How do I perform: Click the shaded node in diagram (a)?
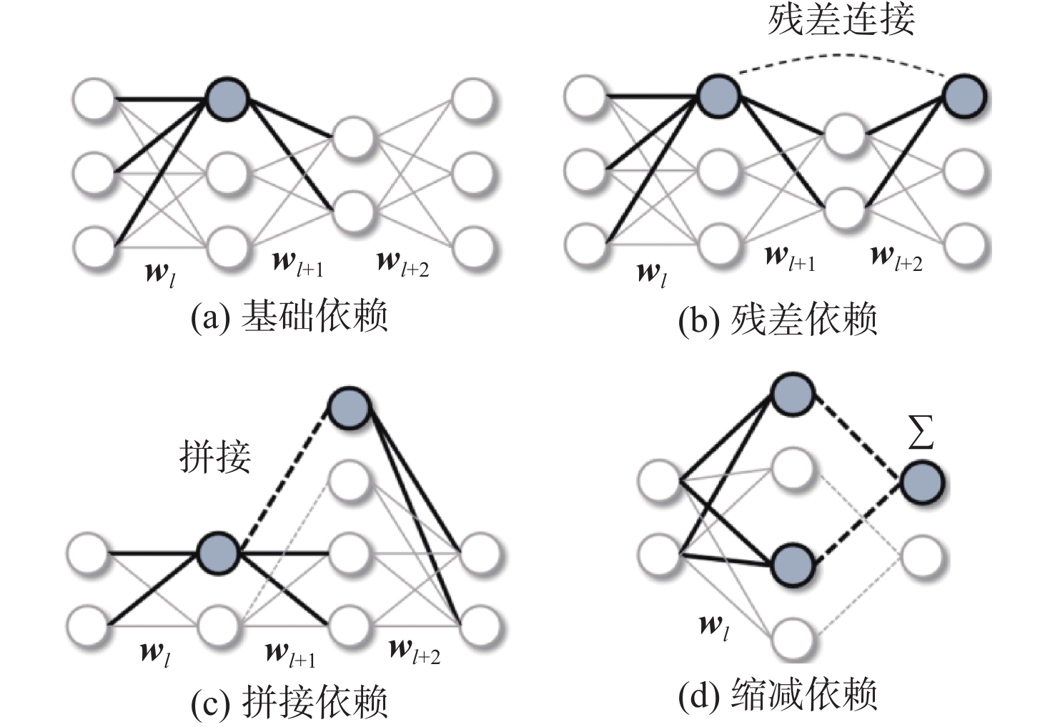(x=227, y=99)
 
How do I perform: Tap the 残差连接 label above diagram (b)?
(x=842, y=20)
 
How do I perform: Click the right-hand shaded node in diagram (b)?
(x=965, y=97)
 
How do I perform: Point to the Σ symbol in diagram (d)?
(x=921, y=432)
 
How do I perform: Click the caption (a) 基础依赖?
(x=289, y=316)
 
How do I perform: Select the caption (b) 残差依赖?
(x=778, y=319)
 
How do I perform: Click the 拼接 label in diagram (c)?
(x=215, y=457)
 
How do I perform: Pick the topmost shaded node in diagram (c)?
(x=350, y=408)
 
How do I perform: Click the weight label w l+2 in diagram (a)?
(x=403, y=264)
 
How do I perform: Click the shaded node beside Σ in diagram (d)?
(x=923, y=483)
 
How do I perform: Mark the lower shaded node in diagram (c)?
(x=217, y=553)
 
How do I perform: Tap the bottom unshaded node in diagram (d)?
(x=793, y=639)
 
